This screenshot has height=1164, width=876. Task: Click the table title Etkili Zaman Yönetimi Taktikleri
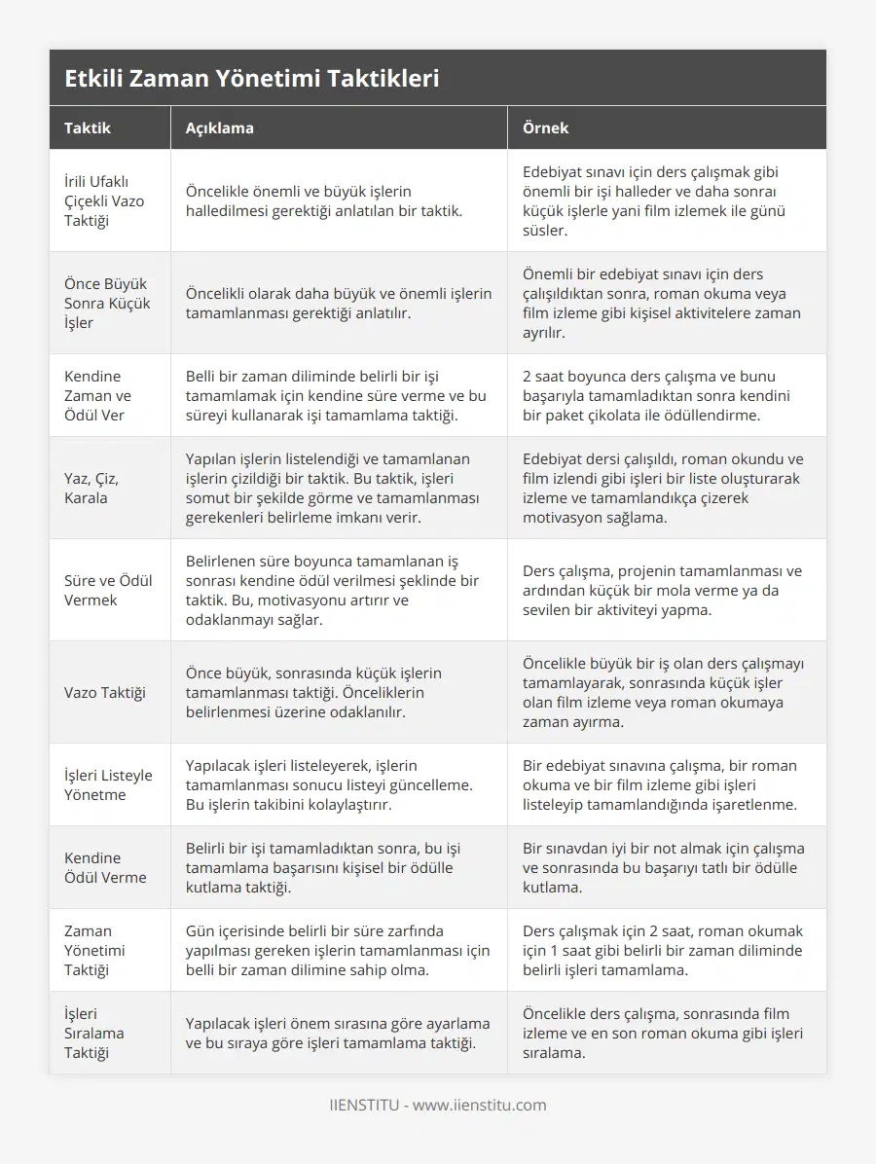(x=251, y=79)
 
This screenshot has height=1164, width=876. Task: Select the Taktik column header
(x=88, y=127)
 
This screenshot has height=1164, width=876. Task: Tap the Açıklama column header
(x=220, y=127)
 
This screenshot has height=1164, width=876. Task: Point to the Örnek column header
(x=545, y=127)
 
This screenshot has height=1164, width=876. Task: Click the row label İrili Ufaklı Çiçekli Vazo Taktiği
(x=103, y=200)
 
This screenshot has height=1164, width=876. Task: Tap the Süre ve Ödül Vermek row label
(x=108, y=590)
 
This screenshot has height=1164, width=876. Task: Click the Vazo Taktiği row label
(x=105, y=692)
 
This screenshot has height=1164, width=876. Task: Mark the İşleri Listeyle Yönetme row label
(x=108, y=784)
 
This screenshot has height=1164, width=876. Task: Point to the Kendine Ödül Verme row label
(x=105, y=867)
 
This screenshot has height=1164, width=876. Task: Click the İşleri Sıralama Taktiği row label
(x=94, y=1033)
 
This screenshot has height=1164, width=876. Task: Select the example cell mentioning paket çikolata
(x=657, y=395)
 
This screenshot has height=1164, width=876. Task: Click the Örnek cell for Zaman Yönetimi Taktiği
(x=661, y=950)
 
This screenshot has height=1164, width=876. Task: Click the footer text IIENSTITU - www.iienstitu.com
(x=438, y=1105)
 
